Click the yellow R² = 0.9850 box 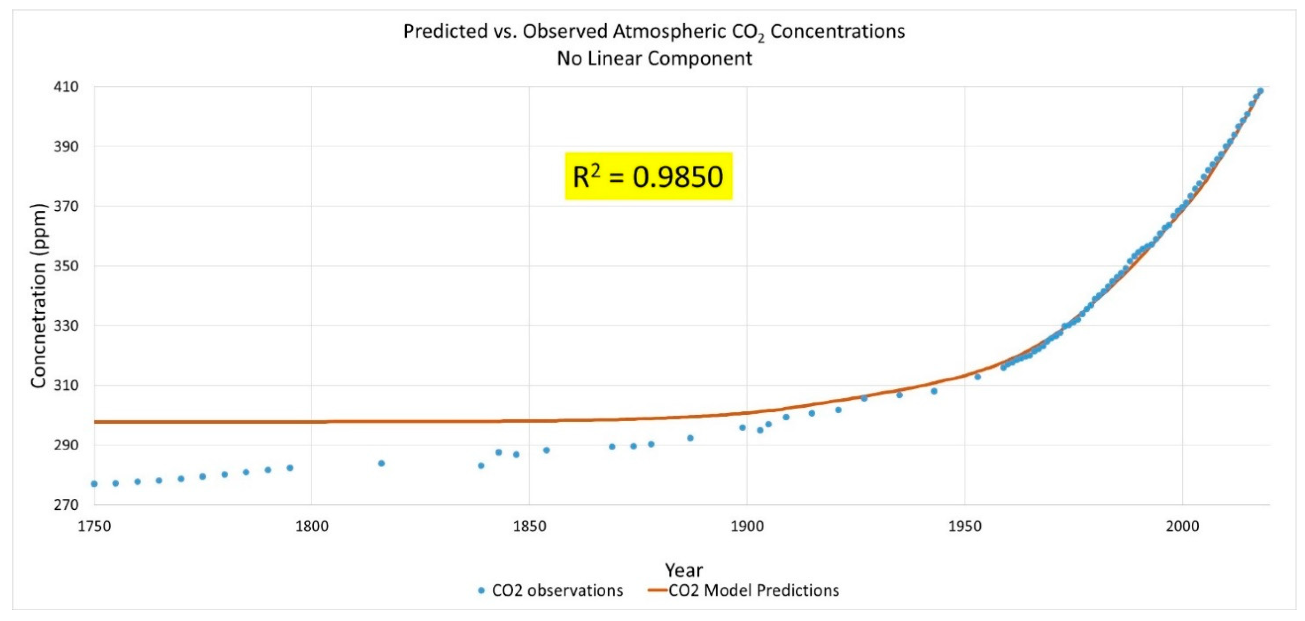coord(648,176)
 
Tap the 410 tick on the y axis coord(66,87)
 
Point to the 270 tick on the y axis coord(66,505)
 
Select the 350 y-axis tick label coord(66,266)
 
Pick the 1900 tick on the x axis coord(747,526)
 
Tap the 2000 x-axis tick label coord(1182,526)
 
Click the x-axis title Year coord(683,570)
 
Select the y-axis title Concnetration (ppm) coord(39,296)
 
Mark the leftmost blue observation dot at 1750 coord(94,484)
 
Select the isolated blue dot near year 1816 coord(381,463)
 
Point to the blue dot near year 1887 coord(690,438)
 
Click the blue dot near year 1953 coord(977,377)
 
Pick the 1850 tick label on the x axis coord(529,526)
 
